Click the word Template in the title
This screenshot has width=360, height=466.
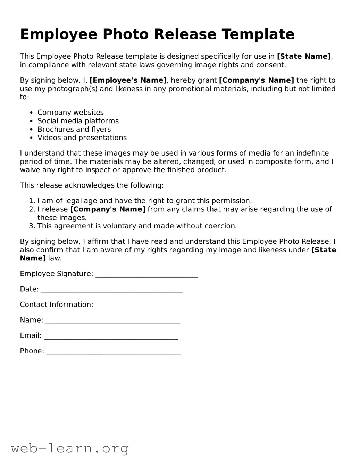[258, 34]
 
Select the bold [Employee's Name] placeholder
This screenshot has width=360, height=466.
[128, 81]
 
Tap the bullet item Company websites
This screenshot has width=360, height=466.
[70, 113]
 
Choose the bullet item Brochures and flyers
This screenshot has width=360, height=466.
[74, 129]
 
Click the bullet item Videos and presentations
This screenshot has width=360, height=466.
[82, 138]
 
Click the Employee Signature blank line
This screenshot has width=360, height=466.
[146, 275]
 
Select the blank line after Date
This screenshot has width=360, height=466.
[111, 290]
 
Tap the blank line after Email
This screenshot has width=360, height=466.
[111, 336]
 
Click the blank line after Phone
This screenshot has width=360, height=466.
[113, 351]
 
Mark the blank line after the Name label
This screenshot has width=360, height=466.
[112, 321]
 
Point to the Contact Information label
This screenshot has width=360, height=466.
[57, 305]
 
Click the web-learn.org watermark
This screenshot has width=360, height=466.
[70, 448]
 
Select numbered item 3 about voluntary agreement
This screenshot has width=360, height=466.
[137, 226]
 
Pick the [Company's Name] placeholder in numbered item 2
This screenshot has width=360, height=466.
[108, 209]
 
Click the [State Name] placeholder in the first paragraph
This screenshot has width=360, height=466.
[304, 56]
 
